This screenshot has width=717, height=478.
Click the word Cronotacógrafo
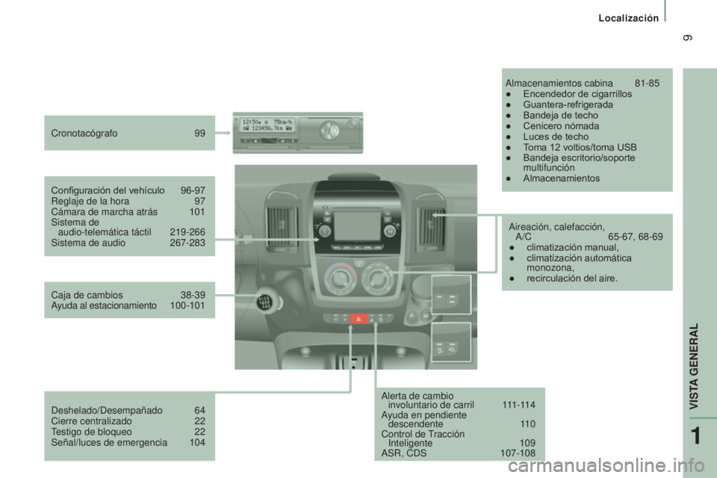click(x=84, y=134)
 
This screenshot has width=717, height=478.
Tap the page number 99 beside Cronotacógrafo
click(x=200, y=133)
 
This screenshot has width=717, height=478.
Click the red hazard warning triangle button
click(x=358, y=318)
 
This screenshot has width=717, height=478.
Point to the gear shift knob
click(x=265, y=301)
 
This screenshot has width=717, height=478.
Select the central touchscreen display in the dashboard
click(x=358, y=226)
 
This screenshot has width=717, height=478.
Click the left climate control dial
click(x=339, y=278)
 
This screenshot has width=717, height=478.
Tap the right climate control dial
click(x=377, y=277)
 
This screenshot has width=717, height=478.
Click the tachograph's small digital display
click(x=268, y=125)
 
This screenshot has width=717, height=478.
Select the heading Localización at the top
click(x=629, y=18)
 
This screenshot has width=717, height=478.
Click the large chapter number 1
click(x=695, y=436)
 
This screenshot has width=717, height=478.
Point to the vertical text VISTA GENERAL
click(x=694, y=367)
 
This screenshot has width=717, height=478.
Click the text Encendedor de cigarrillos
click(x=577, y=94)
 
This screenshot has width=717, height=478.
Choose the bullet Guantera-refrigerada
click(x=568, y=105)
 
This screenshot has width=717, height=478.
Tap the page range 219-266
click(x=187, y=232)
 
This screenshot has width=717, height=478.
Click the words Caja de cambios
click(x=87, y=295)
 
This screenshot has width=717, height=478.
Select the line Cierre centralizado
click(x=91, y=420)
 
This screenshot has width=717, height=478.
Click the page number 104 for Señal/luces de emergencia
click(x=197, y=442)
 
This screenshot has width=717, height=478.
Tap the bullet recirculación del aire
click(x=571, y=278)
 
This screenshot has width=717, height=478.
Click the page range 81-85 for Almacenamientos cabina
click(x=647, y=83)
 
